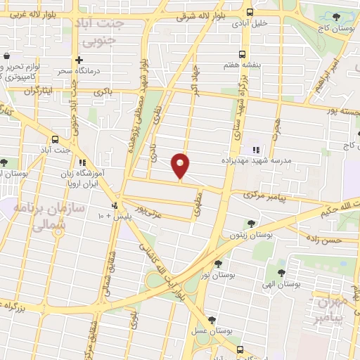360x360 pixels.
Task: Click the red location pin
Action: point(181,166)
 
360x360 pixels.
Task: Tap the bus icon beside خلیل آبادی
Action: point(250,11)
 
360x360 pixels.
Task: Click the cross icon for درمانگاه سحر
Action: point(79,61)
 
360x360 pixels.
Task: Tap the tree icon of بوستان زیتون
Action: point(250,224)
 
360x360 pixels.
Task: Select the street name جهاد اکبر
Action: point(193,83)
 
